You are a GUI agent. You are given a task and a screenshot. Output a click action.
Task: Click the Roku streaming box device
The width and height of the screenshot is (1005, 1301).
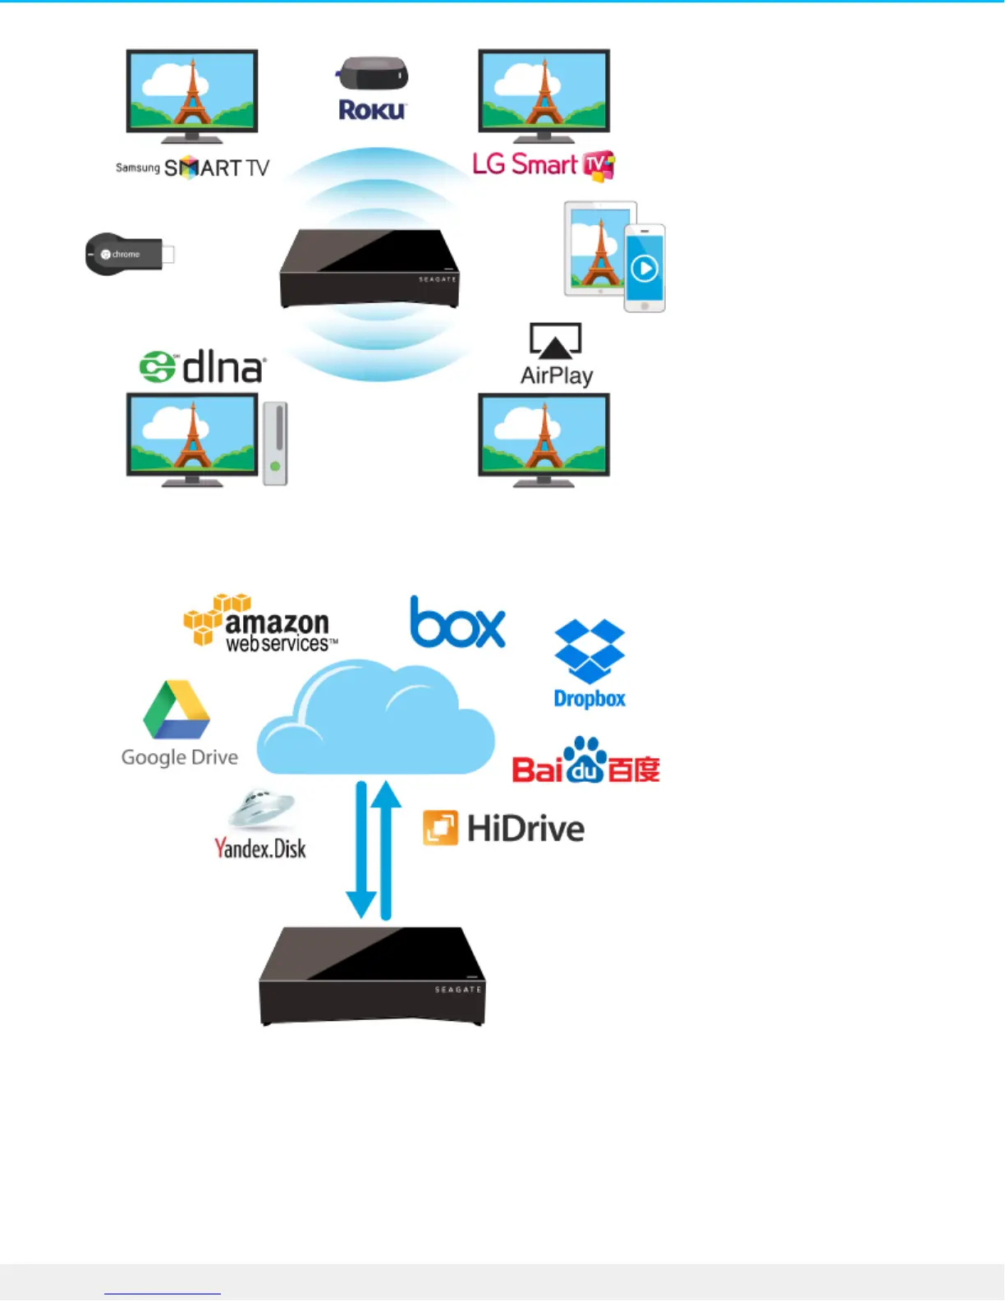pos(373,74)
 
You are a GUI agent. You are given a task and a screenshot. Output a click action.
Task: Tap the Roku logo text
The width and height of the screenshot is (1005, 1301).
pos(372,110)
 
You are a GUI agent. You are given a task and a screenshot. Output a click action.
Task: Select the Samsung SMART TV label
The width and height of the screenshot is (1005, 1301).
pos(192,168)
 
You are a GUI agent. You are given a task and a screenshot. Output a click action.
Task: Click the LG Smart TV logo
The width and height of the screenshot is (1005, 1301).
pos(543,164)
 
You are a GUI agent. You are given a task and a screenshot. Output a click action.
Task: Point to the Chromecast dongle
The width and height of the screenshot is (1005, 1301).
pos(129,254)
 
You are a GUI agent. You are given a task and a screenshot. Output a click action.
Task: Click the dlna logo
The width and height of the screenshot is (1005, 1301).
pos(202,367)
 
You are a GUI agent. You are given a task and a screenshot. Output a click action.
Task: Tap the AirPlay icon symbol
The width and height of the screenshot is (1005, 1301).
pos(556,340)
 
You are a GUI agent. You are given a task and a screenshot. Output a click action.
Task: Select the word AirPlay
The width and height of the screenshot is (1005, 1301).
pos(557,375)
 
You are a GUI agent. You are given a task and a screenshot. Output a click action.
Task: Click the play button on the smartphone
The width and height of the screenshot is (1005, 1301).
pos(645,269)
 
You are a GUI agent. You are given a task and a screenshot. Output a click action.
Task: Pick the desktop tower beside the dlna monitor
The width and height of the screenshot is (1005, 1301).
pos(275,444)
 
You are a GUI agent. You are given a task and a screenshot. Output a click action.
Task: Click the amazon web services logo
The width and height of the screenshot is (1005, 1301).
pos(259,623)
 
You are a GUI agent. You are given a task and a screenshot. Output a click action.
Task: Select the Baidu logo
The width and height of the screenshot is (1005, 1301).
pos(585,761)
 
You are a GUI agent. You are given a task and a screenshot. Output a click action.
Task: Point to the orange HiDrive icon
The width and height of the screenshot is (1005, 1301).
pos(440,828)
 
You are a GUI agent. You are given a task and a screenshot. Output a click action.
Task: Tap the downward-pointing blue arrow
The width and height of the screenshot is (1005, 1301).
pos(361,850)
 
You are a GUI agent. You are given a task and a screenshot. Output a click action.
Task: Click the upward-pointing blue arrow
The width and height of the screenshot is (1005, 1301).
pos(386,850)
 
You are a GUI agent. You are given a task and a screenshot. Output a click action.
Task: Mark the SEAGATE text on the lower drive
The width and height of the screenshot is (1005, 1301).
pos(457,990)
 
